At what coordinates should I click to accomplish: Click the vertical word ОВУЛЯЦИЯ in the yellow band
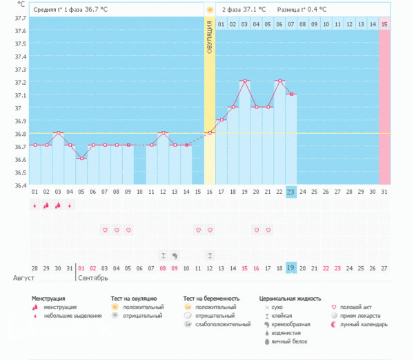point(210,42)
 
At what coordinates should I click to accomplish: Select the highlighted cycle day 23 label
point(291,192)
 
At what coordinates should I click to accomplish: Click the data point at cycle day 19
point(244,81)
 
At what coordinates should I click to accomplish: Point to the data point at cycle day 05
point(81,159)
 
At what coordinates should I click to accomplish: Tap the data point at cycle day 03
point(58,132)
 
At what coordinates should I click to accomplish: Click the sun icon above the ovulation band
point(210,10)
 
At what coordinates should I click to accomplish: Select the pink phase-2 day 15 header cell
point(384,24)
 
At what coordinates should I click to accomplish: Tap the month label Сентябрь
point(94,278)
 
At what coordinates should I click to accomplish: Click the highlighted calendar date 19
point(291,268)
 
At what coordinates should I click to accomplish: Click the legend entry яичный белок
point(289,341)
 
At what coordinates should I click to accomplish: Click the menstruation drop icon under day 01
point(34,205)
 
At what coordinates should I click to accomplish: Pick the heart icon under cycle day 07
point(105,230)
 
